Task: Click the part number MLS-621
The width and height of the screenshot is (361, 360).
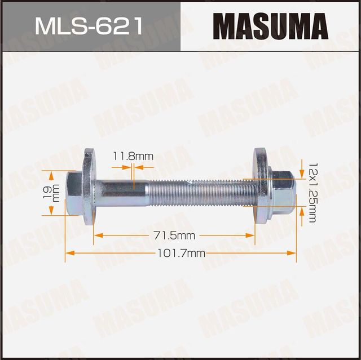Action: coord(90,25)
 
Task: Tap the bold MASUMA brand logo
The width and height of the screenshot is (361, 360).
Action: coord(271,26)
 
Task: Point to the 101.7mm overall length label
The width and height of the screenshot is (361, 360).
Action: coord(180,254)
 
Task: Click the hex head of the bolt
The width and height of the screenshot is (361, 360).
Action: coord(74,193)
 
